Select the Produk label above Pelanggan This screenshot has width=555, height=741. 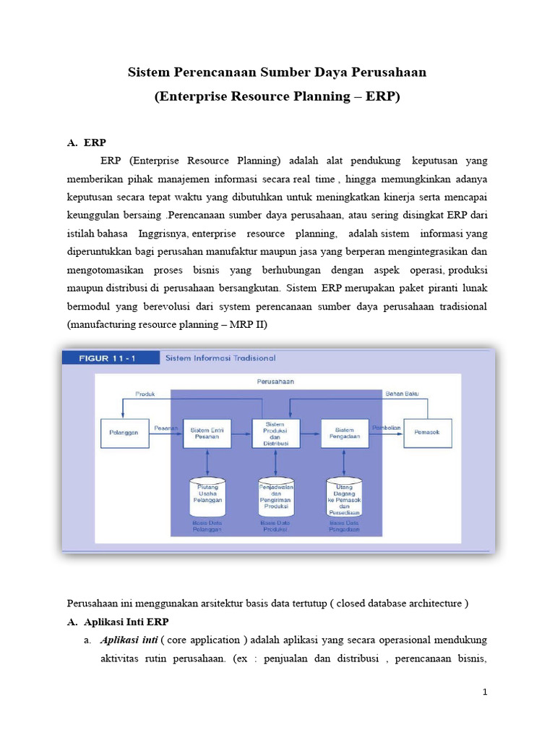coord(145,394)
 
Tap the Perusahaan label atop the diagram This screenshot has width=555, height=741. coord(276,380)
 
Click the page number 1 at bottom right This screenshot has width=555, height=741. coord(485,693)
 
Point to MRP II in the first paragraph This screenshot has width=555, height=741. coord(249,325)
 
